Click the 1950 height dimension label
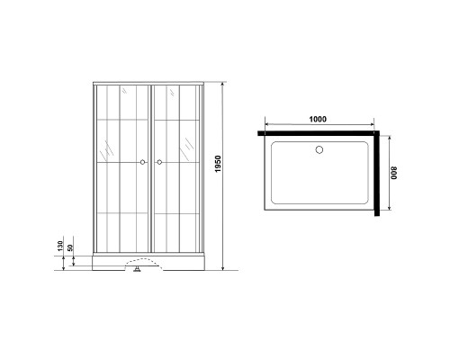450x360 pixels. coord(218,164)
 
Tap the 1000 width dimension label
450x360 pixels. coord(318,119)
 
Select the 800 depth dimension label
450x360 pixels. coord(394,173)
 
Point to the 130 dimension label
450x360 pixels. coord(60,246)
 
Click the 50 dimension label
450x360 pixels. coord(70,247)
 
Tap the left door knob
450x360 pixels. coord(142,162)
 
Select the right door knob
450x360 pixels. coord(159,162)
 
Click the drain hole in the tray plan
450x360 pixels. coord(319,149)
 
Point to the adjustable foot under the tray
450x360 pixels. coord(138,269)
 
